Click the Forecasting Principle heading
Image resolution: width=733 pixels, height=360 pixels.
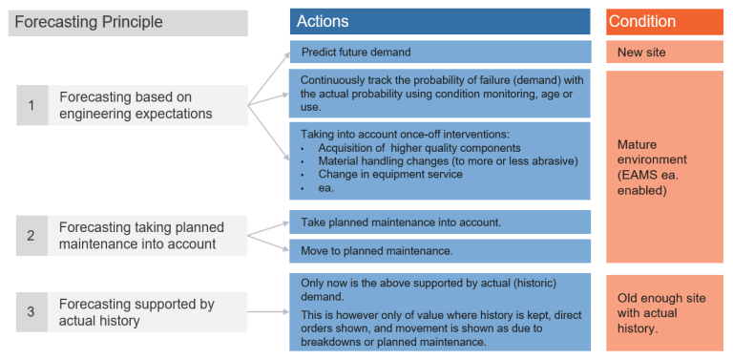pyautogui.click(x=90, y=22)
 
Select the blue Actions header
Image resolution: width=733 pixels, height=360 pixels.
pyautogui.click(x=439, y=21)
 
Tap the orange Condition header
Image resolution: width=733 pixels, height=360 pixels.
pyautogui.click(x=663, y=21)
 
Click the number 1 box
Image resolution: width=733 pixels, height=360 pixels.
pyautogui.click(x=31, y=105)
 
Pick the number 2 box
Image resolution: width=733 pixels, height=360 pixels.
pyautogui.click(x=31, y=235)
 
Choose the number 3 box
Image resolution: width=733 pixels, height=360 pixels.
pyautogui.click(x=31, y=311)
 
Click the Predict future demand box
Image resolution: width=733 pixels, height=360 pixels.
pyautogui.click(x=439, y=52)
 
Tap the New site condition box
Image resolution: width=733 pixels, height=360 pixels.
pyautogui.click(x=663, y=52)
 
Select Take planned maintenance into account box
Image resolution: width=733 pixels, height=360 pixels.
pyautogui.click(x=439, y=222)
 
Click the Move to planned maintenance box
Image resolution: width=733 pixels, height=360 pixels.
pyautogui.click(x=439, y=250)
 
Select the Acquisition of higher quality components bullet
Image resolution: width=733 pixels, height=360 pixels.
pyautogui.click(x=419, y=147)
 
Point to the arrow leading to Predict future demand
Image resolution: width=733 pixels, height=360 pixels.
pyautogui.click(x=271, y=74)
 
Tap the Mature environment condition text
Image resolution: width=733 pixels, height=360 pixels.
pyautogui.click(x=652, y=167)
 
